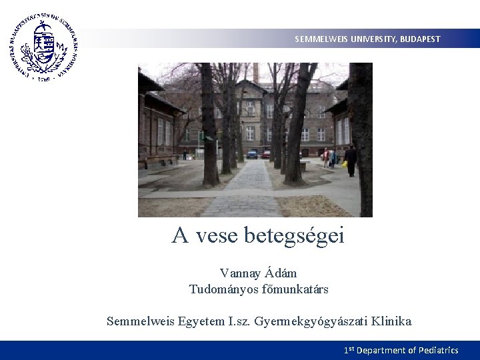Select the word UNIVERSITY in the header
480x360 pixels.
pyautogui.click(x=373, y=39)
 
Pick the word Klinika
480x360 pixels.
pyautogui.click(x=391, y=321)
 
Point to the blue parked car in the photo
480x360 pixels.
pyautogui.click(x=253, y=154)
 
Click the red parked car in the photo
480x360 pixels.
pyautogui.click(x=266, y=155)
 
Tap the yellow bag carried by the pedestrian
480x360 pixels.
pyautogui.click(x=345, y=164)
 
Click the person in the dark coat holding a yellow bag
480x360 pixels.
pyautogui.click(x=351, y=161)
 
